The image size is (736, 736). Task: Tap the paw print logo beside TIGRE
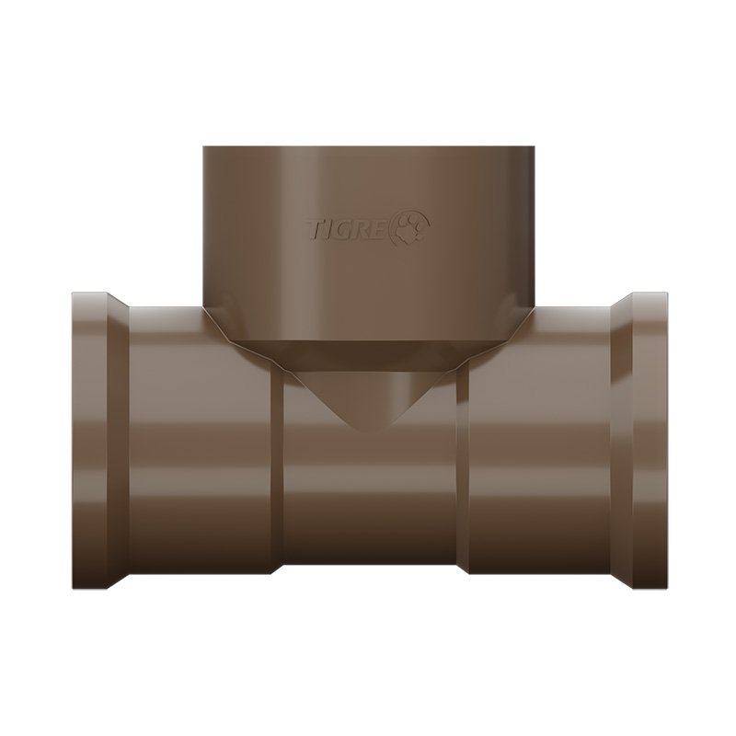tap(413, 227)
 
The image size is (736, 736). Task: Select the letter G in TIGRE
tap(347, 231)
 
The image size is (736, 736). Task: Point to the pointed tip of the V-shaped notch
tap(367, 431)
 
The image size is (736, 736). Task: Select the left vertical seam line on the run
tap(278, 469)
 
